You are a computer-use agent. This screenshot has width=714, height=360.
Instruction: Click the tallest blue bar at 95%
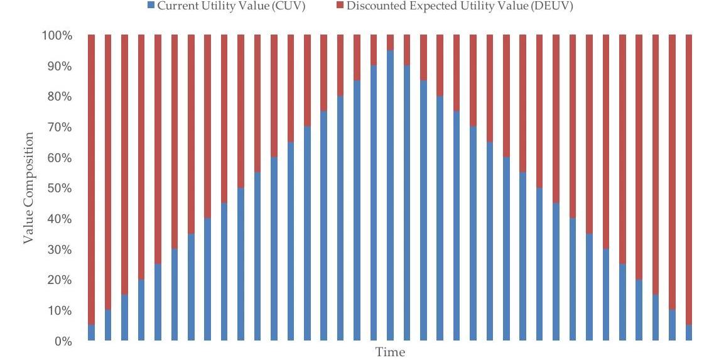click(390, 195)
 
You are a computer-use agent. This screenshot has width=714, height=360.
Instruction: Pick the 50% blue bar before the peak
click(241, 264)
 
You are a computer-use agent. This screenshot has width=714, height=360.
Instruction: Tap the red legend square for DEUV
click(340, 6)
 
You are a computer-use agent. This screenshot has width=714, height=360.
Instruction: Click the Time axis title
click(390, 352)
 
